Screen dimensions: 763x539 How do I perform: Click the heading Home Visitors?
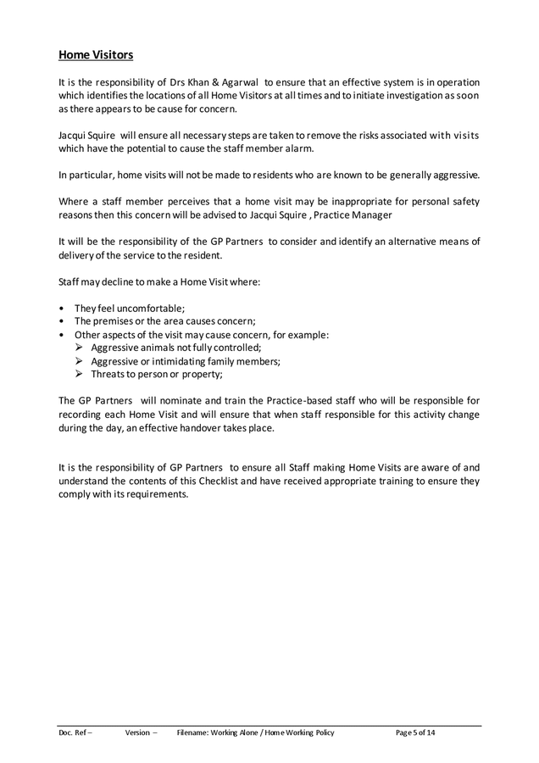pos(96,55)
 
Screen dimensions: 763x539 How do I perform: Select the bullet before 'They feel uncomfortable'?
pos(62,308)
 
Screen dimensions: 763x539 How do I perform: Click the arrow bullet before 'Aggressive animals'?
pos(79,348)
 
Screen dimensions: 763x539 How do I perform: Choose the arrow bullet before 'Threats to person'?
pos(79,374)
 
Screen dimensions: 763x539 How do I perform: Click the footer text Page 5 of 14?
pos(415,732)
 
